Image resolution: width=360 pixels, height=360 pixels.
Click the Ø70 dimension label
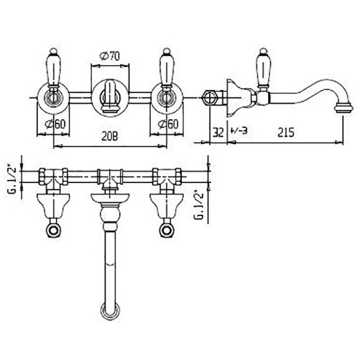[109, 56]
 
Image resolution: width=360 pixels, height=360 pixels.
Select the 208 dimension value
[110, 137]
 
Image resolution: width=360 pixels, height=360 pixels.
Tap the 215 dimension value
[286, 132]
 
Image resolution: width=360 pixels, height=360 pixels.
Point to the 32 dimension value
[218, 132]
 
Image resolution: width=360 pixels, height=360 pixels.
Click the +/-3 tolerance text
[238, 131]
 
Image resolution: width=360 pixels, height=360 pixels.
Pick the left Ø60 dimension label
[55, 124]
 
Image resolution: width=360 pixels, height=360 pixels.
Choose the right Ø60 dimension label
[168, 124]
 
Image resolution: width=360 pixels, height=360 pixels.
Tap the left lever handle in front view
[53, 68]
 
